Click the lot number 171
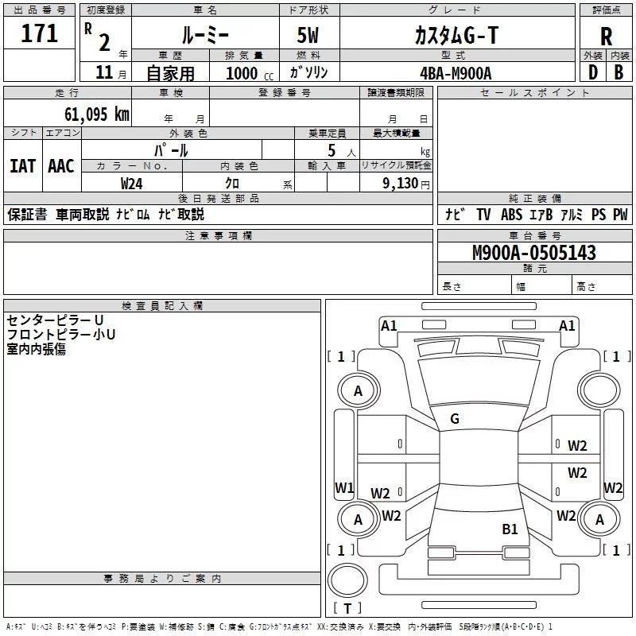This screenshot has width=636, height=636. (40, 34)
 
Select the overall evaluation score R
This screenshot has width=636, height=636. (607, 37)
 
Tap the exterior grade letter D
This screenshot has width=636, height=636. (592, 72)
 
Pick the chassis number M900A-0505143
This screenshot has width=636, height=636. (534, 253)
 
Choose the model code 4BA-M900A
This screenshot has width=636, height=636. (456, 72)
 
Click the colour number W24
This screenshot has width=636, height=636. (132, 183)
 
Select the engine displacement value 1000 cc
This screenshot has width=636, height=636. (246, 73)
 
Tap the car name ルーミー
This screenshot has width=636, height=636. (204, 35)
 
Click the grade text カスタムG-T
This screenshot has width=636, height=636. (456, 35)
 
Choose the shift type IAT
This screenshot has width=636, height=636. (22, 165)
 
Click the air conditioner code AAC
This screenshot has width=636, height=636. (60, 165)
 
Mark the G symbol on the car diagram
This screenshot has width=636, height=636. (455, 418)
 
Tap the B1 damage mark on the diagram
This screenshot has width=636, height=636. (510, 528)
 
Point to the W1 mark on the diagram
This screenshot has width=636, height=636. (343, 487)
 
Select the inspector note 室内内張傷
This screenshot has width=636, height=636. (37, 349)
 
